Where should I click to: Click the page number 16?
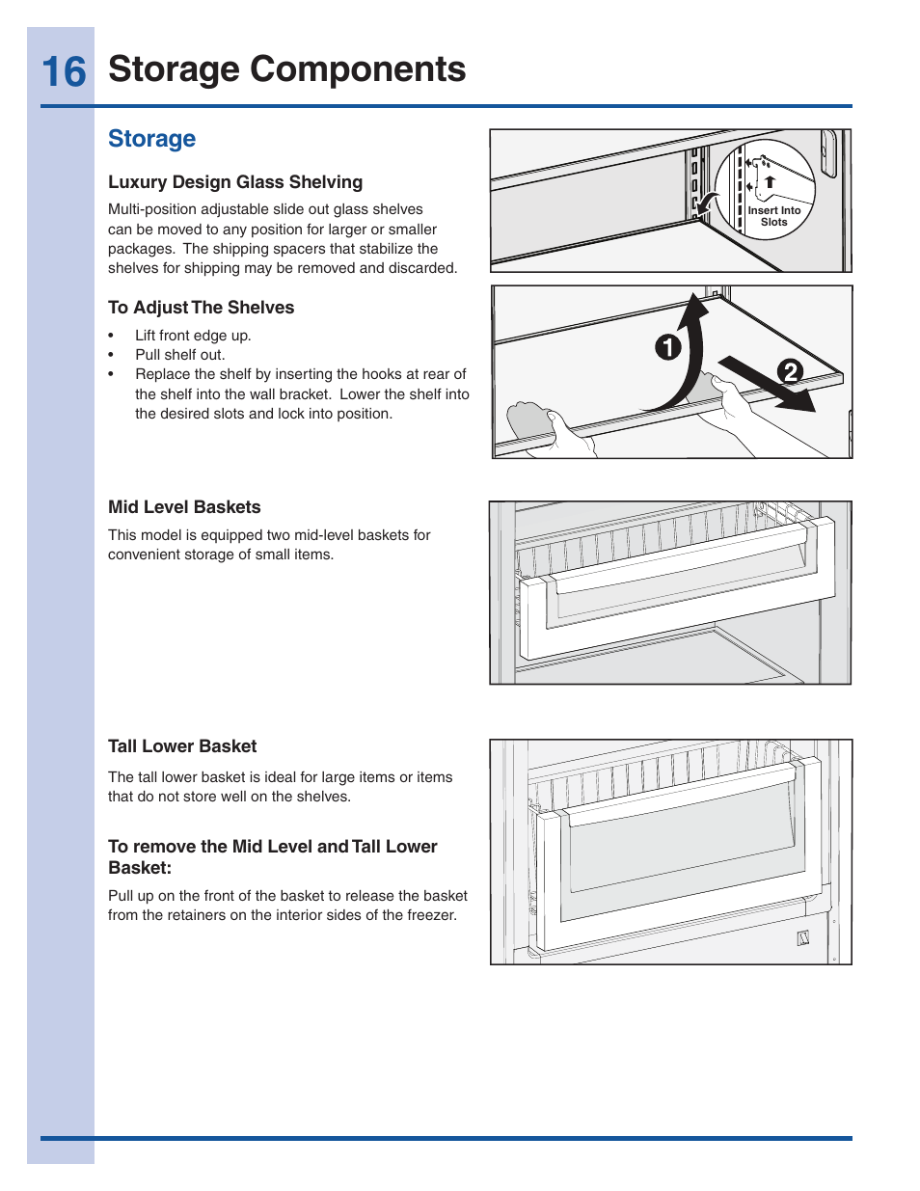click(64, 72)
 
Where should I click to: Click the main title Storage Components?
click(286, 69)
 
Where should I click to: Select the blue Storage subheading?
click(151, 139)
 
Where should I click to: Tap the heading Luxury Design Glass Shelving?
click(235, 182)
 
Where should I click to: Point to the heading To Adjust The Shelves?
click(201, 308)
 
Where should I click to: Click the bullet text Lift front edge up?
click(193, 336)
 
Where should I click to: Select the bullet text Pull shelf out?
click(179, 355)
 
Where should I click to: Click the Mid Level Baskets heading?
click(184, 507)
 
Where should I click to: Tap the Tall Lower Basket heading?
click(182, 746)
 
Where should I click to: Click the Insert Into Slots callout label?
click(774, 216)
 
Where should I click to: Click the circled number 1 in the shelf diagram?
click(667, 347)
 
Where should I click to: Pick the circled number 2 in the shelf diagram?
click(790, 371)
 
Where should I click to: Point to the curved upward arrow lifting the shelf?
click(687, 357)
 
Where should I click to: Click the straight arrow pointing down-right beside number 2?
click(767, 384)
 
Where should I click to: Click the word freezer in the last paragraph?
click(431, 915)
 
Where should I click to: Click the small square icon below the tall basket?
click(802, 938)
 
